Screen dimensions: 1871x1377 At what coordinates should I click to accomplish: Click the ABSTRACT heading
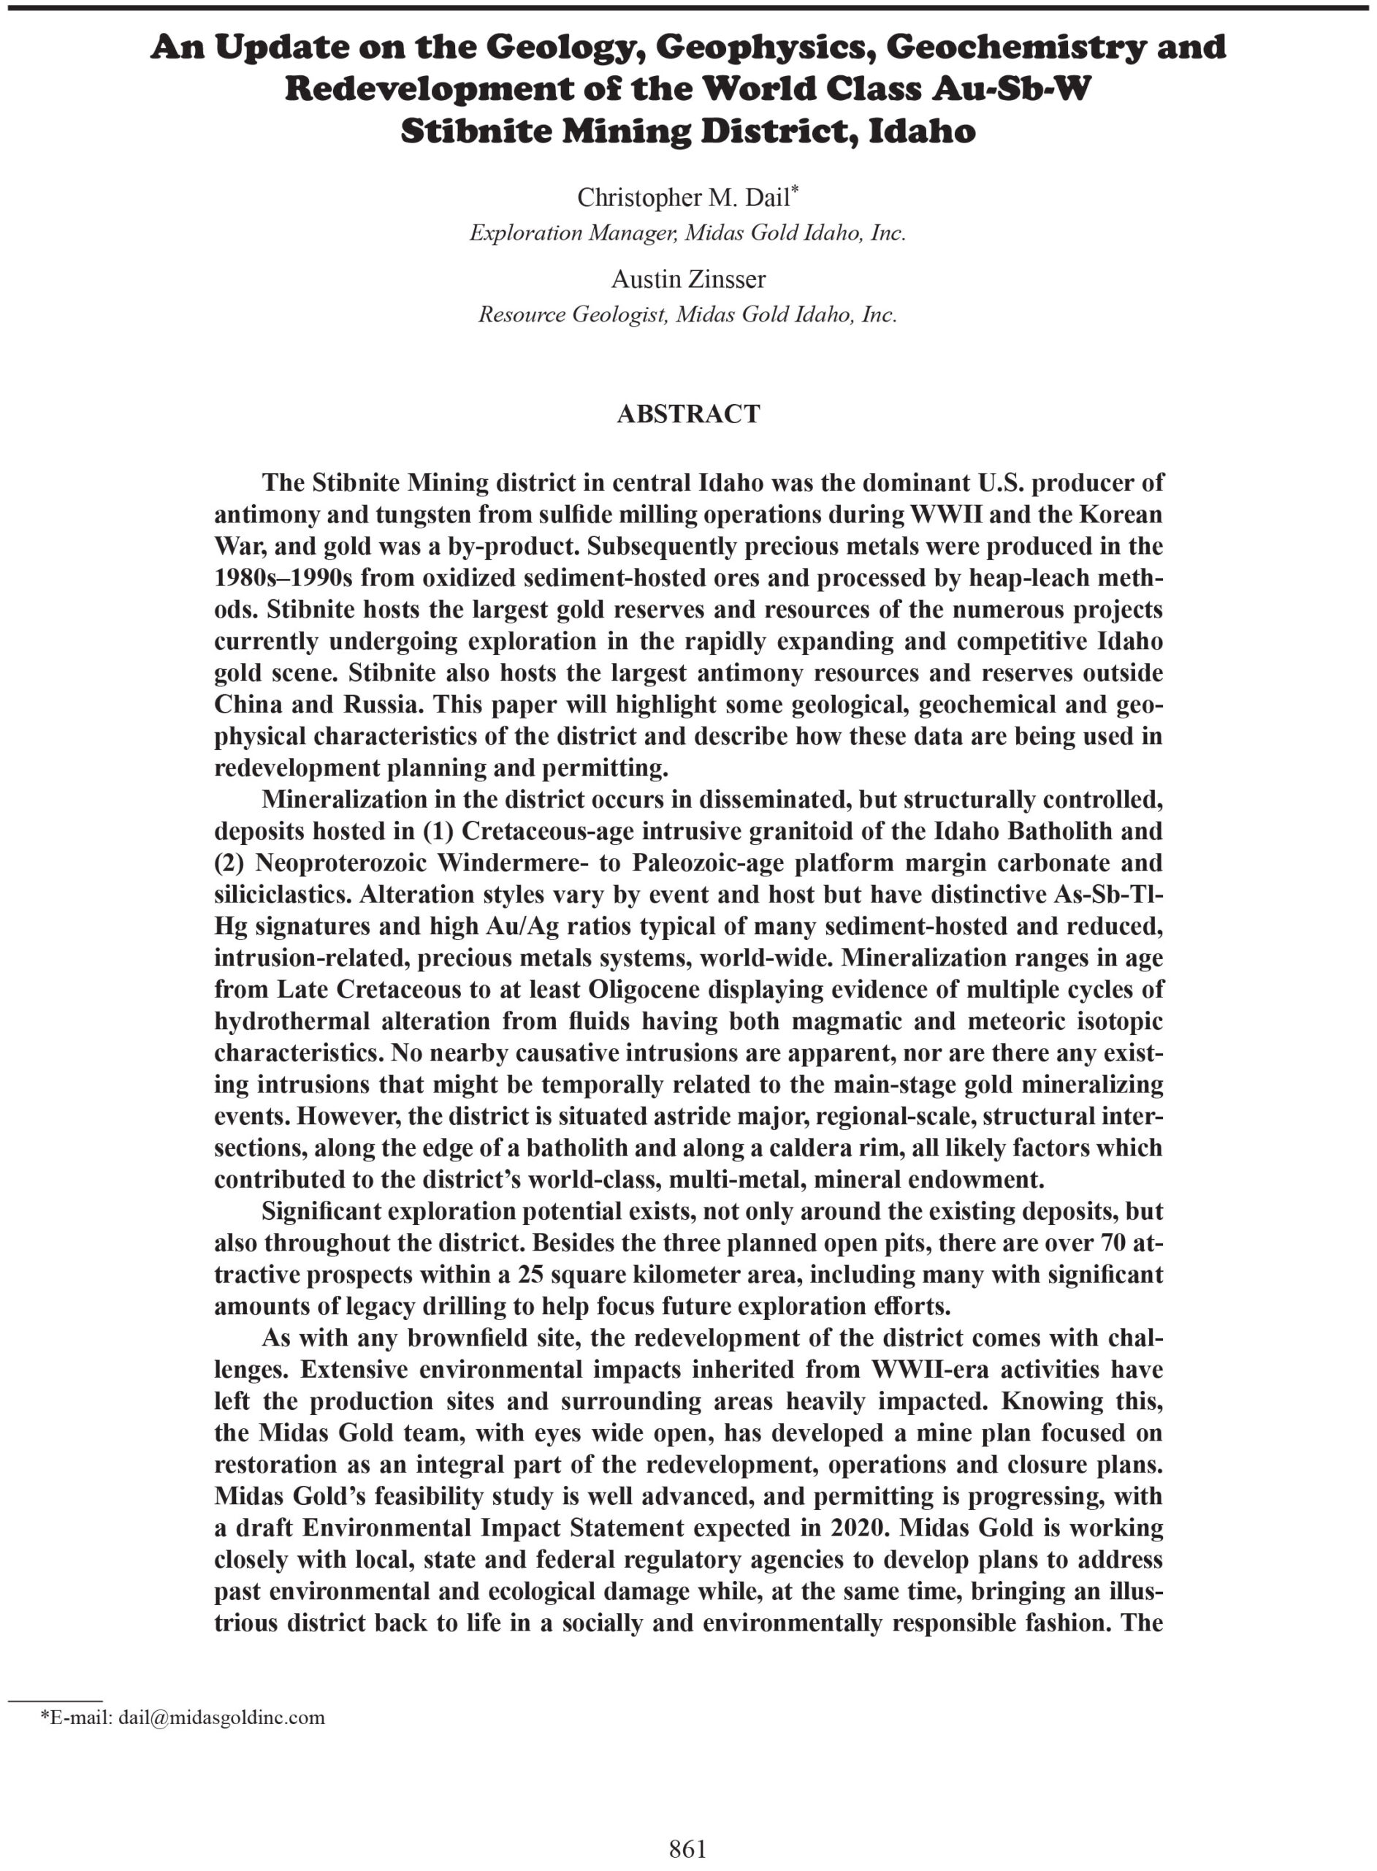687,414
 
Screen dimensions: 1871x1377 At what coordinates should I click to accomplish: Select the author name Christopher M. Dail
683,197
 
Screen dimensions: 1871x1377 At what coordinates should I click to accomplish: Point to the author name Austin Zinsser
687,278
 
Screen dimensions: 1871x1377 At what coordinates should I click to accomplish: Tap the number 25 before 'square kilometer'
530,1275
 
